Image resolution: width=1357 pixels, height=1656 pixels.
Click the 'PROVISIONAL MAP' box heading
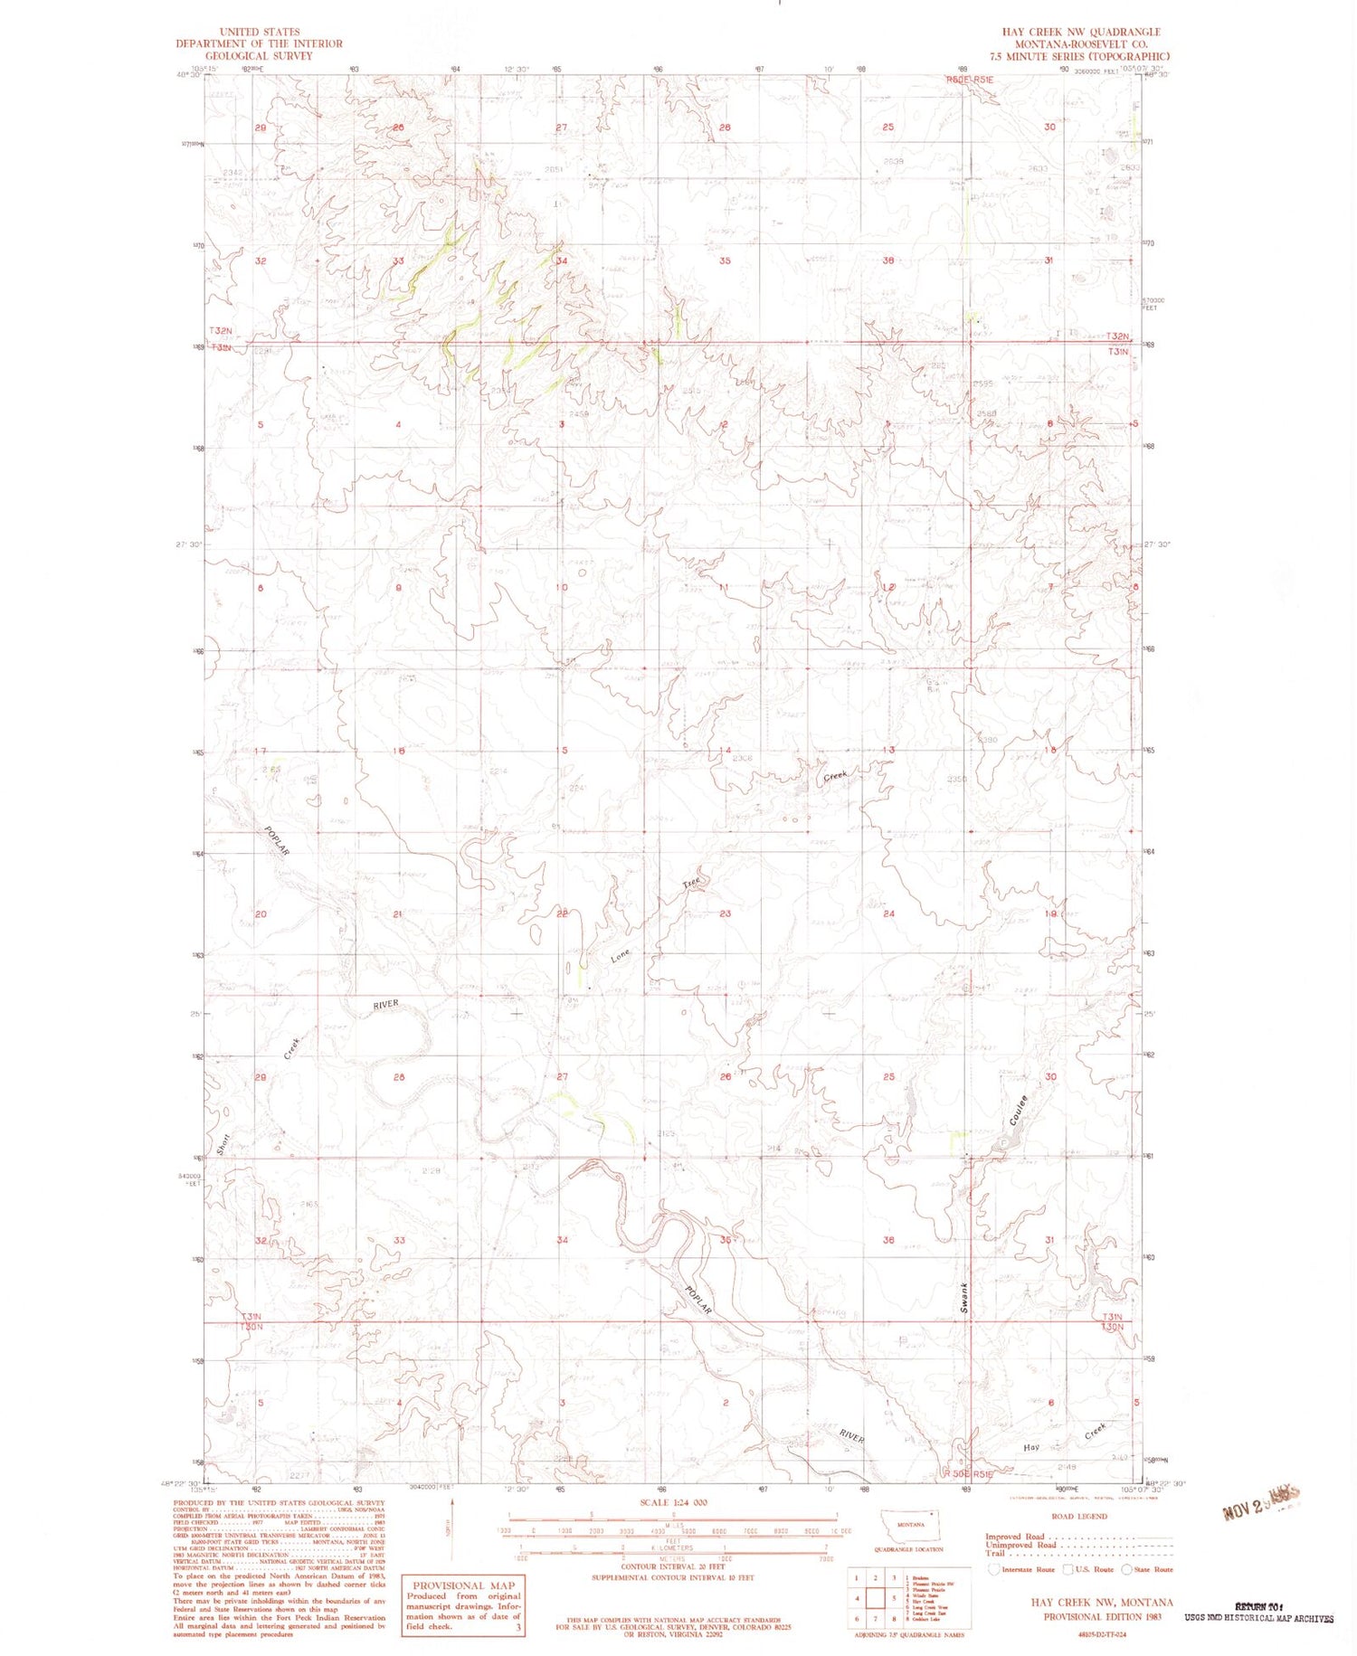click(x=463, y=1585)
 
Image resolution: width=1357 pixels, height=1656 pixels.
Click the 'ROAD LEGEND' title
click(x=1078, y=1516)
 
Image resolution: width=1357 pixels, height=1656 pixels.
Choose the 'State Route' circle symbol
click(x=1127, y=1569)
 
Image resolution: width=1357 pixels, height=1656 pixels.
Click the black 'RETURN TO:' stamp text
click(x=1258, y=1605)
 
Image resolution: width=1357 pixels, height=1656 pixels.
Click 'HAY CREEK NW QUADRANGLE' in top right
click(x=1080, y=32)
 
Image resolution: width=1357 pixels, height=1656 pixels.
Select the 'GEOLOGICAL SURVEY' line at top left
click(x=259, y=55)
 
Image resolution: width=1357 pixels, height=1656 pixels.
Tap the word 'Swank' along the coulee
click(x=964, y=1298)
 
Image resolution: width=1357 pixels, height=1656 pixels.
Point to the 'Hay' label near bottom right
click(x=1030, y=1447)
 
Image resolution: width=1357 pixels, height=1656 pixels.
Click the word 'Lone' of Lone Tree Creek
click(x=620, y=955)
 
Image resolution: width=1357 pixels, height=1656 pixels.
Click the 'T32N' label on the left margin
click(x=222, y=331)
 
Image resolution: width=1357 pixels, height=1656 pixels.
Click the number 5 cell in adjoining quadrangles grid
click(x=894, y=1598)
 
